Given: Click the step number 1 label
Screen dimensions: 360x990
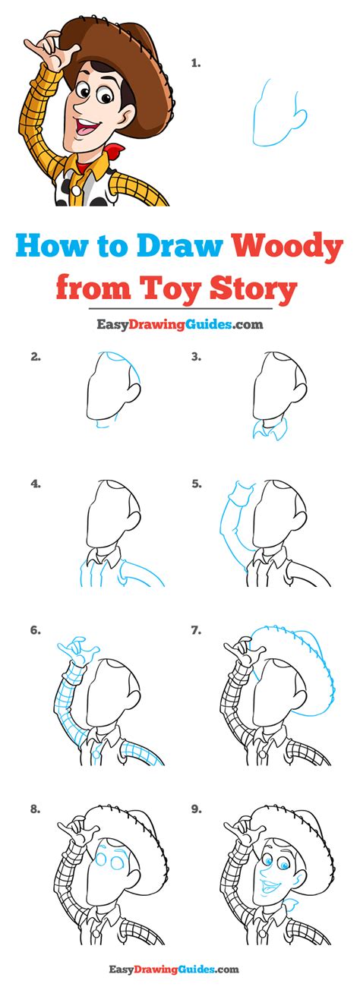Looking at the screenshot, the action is pos(195,64).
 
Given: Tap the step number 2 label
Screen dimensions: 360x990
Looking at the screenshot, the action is pos(36,357).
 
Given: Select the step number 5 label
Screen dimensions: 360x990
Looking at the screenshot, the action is pos(197,484).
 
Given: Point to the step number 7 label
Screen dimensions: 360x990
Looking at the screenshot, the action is pos(197,631).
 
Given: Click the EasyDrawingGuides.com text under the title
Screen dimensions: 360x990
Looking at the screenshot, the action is pos(180,325).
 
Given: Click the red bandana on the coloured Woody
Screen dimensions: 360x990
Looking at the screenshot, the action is pos(116,151).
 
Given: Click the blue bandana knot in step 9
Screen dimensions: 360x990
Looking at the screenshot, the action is pos(291,903).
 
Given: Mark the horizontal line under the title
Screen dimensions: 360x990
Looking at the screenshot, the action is pos(181,308).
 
